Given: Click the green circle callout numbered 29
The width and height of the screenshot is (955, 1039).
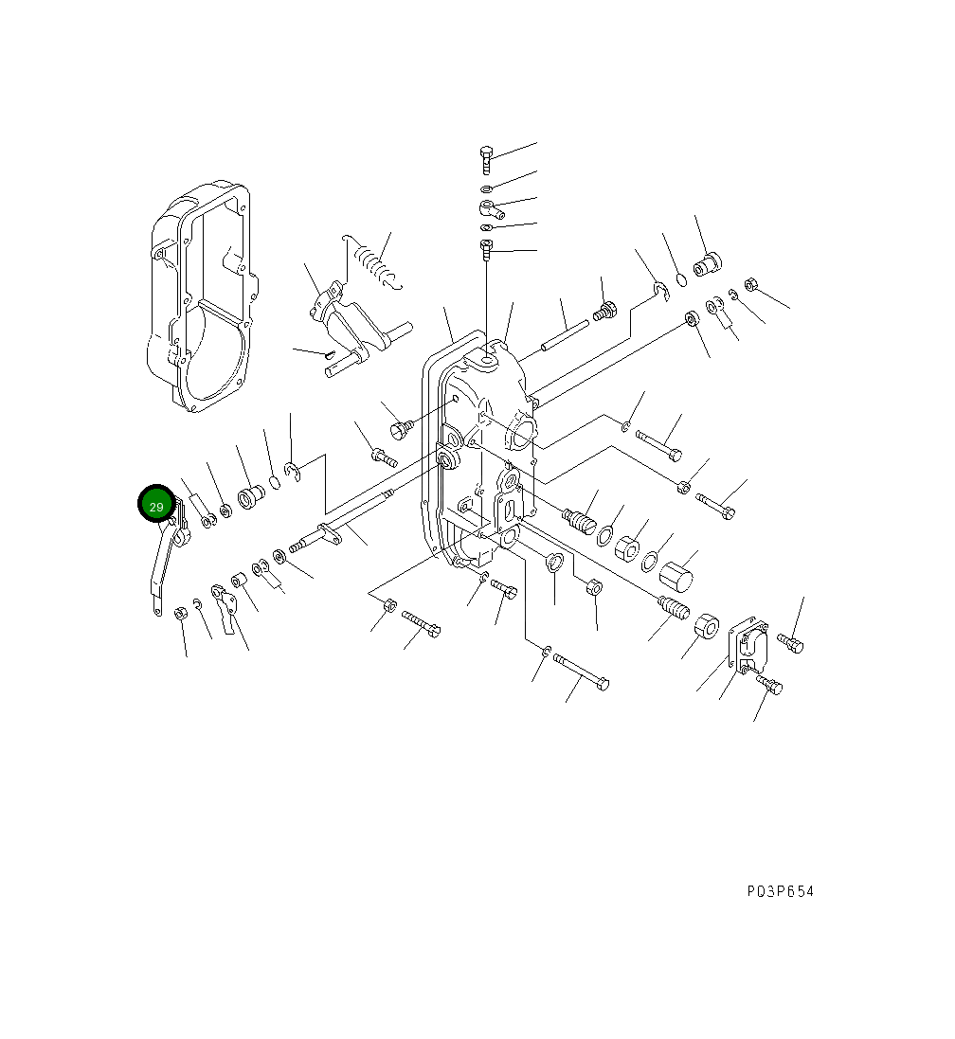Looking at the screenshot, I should tap(156, 506).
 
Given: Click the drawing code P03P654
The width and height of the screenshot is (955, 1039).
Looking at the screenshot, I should tap(779, 891).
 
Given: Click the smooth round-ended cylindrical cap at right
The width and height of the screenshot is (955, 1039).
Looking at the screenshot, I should tap(676, 575).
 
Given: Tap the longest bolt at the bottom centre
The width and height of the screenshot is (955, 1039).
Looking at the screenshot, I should tap(581, 671).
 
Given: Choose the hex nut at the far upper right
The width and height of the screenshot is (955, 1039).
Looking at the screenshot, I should tap(750, 283).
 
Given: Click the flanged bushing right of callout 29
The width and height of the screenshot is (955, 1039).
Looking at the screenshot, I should tap(250, 496).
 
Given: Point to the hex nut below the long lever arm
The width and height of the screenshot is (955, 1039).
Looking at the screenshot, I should tap(180, 615).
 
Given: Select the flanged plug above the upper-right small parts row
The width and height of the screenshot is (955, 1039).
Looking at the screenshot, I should tap(707, 263).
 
